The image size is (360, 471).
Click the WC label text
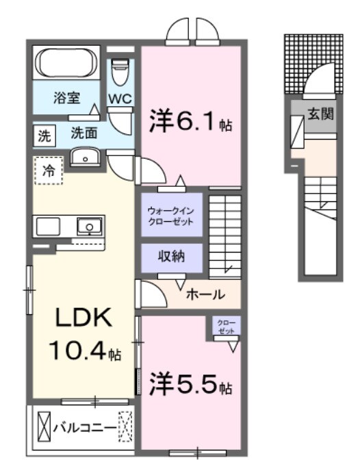[x=120, y=98]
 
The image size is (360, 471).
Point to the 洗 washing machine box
[x=43, y=135]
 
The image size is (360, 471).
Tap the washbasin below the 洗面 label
[x=85, y=157]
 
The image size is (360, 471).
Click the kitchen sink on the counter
[x=88, y=225]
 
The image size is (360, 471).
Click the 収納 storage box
[x=171, y=257]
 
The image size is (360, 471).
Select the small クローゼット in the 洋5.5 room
[x=226, y=327]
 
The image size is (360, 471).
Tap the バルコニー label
[x=85, y=428]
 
